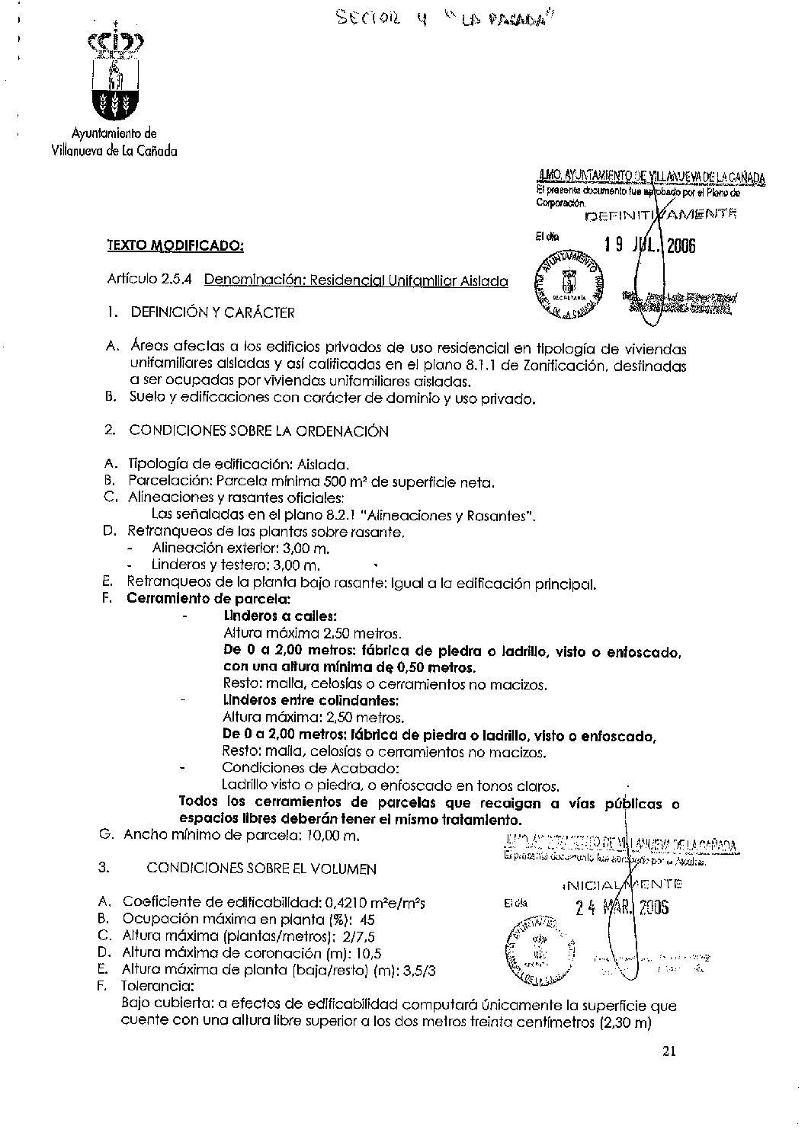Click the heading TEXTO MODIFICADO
[x=175, y=245]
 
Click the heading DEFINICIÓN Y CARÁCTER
[x=212, y=312]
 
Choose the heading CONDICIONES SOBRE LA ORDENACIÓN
[x=258, y=431]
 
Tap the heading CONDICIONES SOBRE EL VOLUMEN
[x=261, y=868]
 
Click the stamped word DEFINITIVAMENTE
[x=660, y=215]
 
